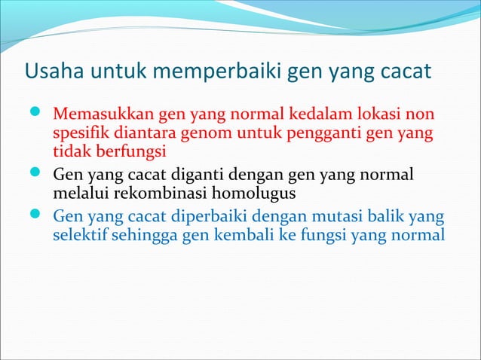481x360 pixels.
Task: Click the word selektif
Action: click(80, 235)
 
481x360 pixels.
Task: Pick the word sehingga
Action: click(146, 236)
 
